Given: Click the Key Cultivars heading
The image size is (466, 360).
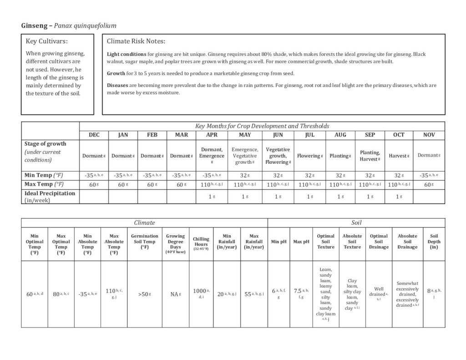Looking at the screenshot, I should [x=47, y=41].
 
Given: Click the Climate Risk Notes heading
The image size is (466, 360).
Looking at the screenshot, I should [x=136, y=41].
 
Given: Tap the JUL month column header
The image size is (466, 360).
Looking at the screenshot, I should [x=309, y=135].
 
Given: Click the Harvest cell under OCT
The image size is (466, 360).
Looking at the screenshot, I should [x=399, y=156].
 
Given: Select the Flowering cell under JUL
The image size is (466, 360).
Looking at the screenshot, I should [x=309, y=156].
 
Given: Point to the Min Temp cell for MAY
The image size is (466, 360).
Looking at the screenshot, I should [x=245, y=175].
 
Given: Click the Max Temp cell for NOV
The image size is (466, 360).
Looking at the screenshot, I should [x=428, y=184].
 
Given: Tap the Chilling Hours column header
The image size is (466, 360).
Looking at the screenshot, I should [x=201, y=243].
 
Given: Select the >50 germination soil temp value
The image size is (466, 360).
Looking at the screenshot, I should [x=144, y=294].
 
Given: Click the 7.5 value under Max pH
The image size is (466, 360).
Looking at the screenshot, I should [x=300, y=294].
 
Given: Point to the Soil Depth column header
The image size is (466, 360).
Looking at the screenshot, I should [x=434, y=242].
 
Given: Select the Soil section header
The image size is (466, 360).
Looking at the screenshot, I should [x=356, y=223].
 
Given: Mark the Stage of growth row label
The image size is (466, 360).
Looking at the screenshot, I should [x=45, y=144].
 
